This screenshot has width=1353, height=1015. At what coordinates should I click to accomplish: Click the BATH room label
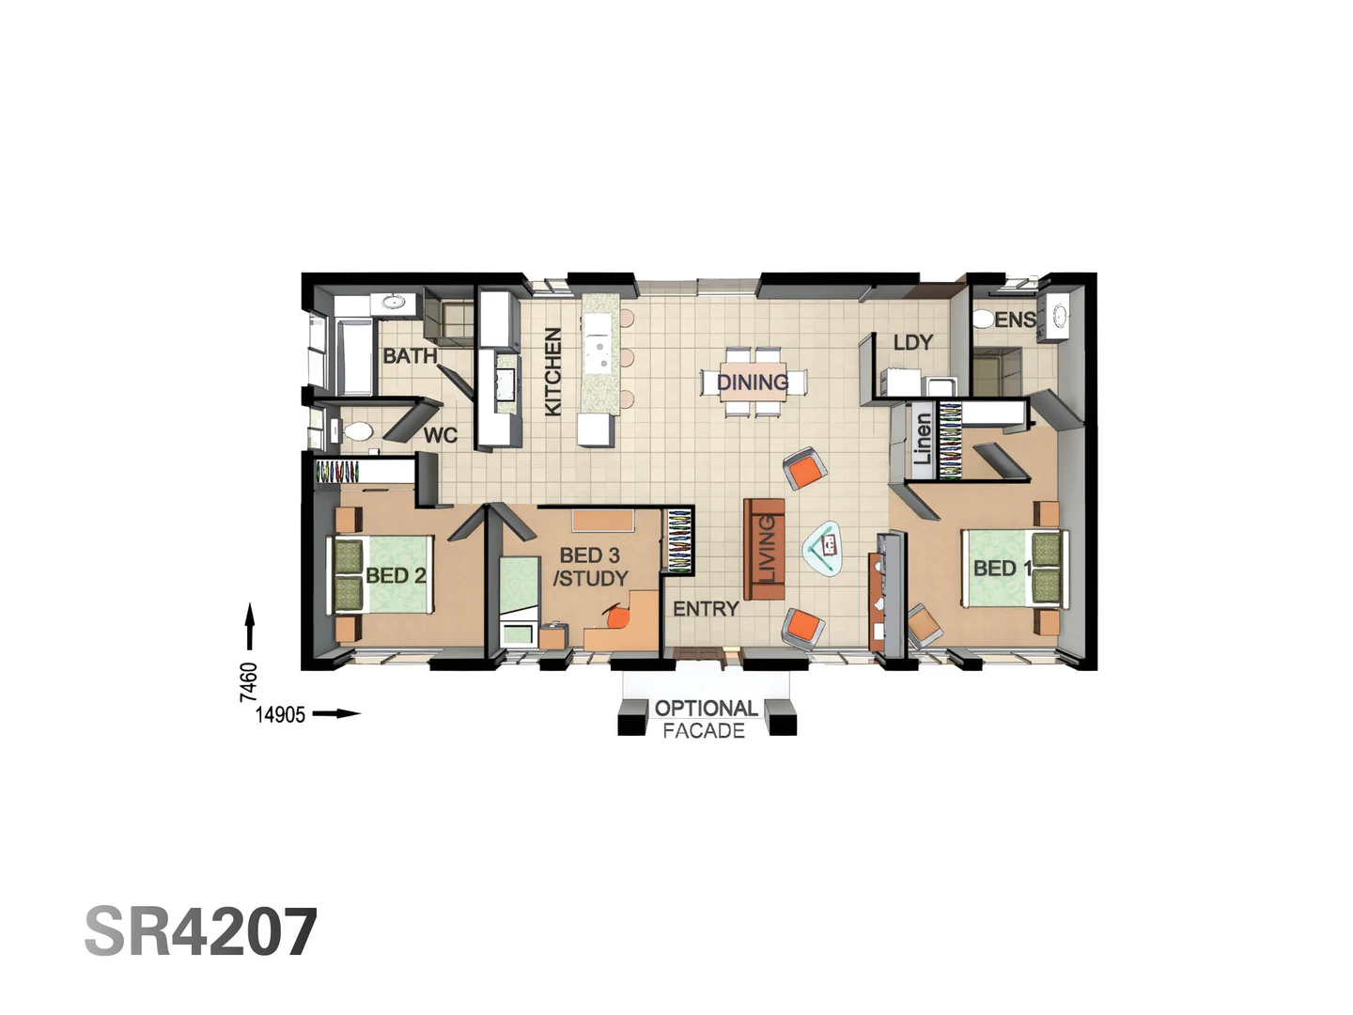pos(410,356)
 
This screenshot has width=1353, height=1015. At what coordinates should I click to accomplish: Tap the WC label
pos(440,435)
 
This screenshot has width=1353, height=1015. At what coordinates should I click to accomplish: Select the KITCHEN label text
pos(552,371)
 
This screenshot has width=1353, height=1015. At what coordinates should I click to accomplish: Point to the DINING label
pos(752,383)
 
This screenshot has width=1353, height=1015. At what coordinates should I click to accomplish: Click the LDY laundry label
pos(912,343)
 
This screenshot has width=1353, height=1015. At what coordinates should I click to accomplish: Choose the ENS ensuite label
pos(1015,320)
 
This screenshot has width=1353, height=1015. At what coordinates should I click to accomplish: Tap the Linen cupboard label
pos(923,439)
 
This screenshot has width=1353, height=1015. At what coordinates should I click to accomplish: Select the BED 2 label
pos(396,575)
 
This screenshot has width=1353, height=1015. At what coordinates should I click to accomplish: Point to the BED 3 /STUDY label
pos(590,567)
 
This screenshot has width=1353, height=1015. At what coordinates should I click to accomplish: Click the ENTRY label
pos(706,609)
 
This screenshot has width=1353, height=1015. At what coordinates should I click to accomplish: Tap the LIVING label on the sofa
pos(767,549)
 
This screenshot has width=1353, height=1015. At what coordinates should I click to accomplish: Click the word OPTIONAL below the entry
pos(706,709)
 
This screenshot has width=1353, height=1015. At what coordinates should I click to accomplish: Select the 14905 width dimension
pos(280,714)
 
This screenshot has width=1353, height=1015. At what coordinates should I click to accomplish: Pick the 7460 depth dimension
pos(248,681)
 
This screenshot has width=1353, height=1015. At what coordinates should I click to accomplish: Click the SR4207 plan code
pos(201,932)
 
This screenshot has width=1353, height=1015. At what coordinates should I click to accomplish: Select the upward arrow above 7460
pos(250,626)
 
